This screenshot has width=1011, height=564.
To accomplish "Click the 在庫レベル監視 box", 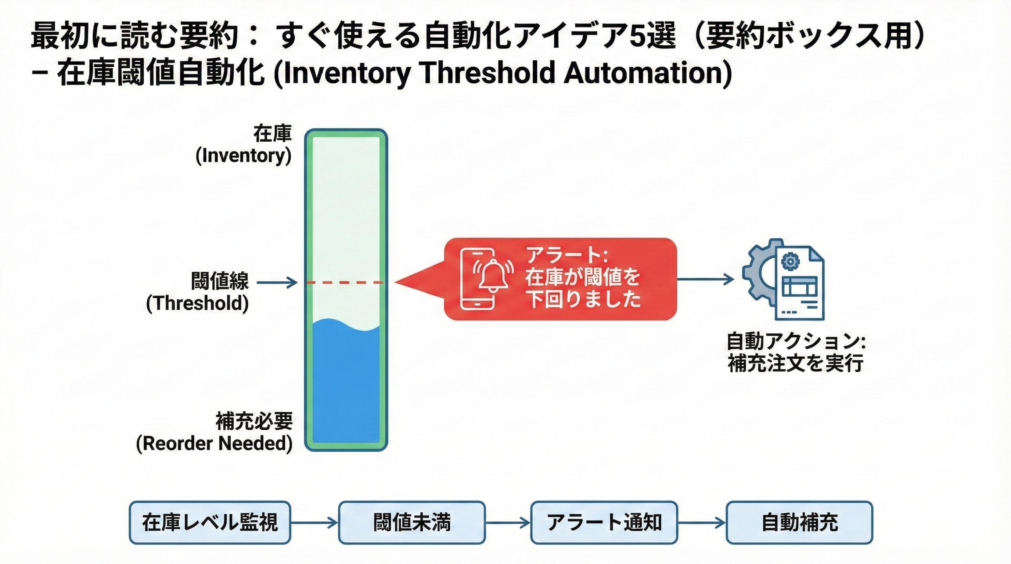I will tap(209, 523).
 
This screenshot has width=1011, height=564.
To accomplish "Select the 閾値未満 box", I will tap(412, 523).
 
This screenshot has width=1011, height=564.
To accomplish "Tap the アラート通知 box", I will tap(604, 523).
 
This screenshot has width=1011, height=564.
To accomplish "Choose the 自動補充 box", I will tap(799, 523).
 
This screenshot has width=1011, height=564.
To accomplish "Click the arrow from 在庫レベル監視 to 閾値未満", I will tap(314, 523).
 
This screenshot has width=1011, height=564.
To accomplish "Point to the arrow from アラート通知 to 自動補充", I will tap(701, 523).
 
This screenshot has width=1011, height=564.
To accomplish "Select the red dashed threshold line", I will tap(345, 282).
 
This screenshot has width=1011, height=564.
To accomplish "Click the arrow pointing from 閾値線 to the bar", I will tap(277, 282).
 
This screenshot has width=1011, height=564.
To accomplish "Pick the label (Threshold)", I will tap(197, 304).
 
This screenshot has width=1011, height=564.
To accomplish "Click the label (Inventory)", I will tap(243, 156).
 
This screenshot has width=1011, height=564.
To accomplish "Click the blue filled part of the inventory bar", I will tap(346, 384).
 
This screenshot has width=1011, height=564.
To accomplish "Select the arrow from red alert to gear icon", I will tap(705, 279).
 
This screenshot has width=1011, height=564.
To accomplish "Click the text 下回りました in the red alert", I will tap(583, 300).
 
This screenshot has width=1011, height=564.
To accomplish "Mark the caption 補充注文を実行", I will tap(795, 363).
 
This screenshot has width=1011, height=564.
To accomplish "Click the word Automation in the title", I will tap(648, 73).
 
